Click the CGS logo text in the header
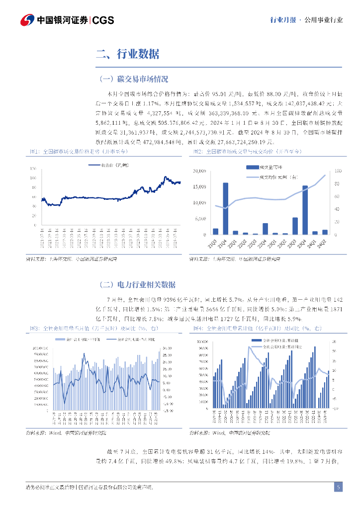(x=103, y=20)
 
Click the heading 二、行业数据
(x=128, y=55)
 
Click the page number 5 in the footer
(x=338, y=488)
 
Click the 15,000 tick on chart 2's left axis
(x=199, y=187)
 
